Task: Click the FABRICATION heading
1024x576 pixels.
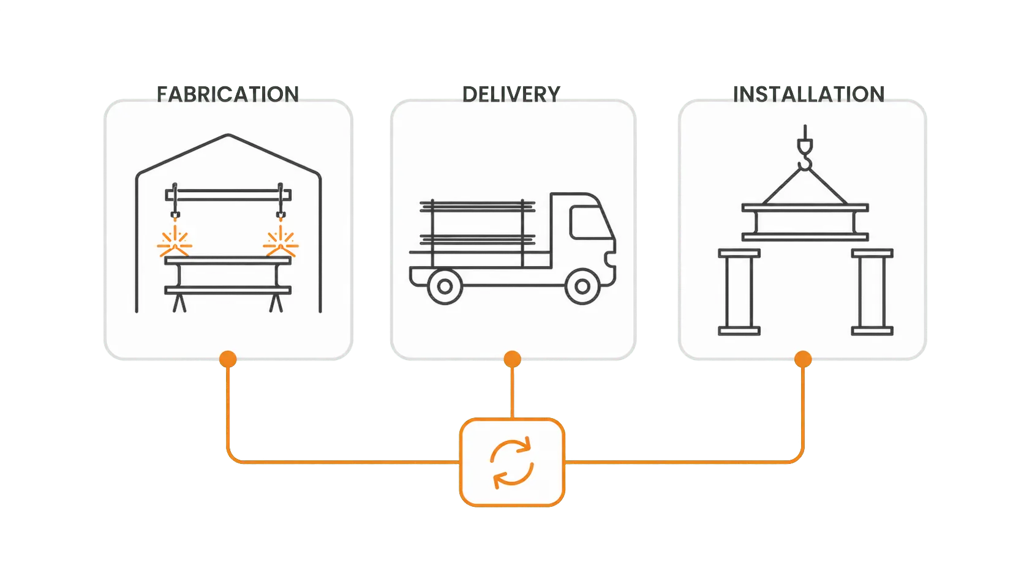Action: tap(228, 94)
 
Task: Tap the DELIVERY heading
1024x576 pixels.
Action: tap(511, 94)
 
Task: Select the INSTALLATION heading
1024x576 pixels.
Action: tap(808, 94)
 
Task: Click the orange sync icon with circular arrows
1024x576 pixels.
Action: tap(512, 463)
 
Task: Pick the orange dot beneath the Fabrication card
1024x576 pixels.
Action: tap(228, 359)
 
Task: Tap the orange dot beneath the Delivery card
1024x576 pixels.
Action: tap(512, 359)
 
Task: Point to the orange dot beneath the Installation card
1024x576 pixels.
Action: tap(803, 359)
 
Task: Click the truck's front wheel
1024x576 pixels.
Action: tap(582, 286)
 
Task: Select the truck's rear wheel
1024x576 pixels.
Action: tap(445, 286)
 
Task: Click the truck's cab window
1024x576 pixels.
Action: tap(590, 222)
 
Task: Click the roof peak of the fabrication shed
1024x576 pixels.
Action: tap(228, 135)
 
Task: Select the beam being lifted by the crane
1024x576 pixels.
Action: tap(805, 222)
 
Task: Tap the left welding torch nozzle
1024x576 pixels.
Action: tap(175, 215)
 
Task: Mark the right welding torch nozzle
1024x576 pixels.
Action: tap(280, 215)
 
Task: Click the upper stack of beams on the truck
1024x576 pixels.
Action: tap(477, 206)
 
